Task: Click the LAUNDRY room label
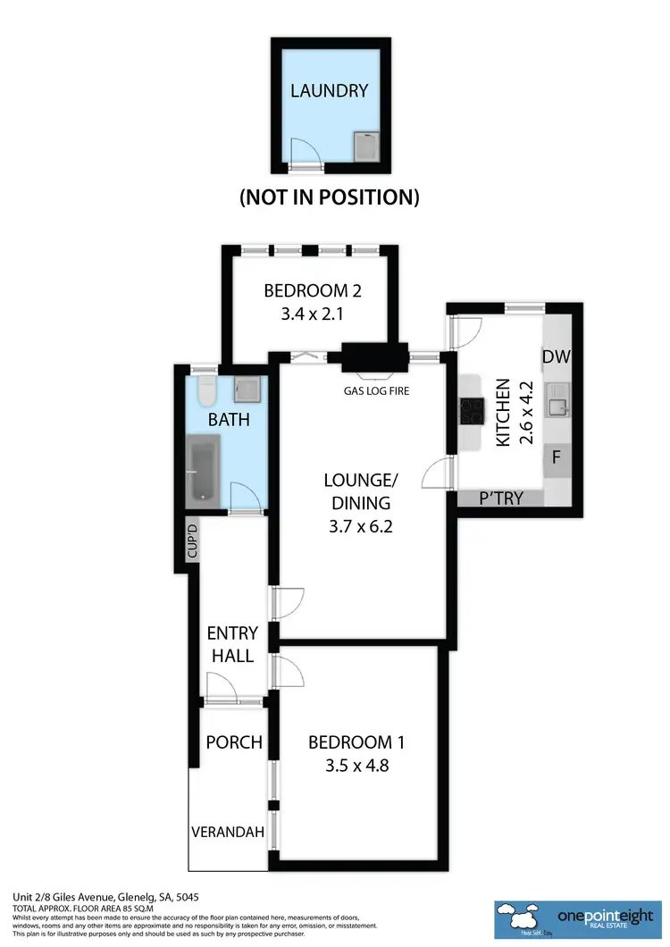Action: click(329, 90)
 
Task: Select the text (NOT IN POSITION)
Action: click(329, 197)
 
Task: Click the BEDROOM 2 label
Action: click(312, 290)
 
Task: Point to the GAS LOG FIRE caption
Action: click(376, 390)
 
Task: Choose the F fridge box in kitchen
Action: click(556, 457)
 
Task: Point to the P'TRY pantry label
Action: click(499, 499)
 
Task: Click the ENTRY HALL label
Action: click(232, 644)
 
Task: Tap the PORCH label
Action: click(234, 742)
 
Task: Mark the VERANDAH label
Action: click(228, 833)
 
